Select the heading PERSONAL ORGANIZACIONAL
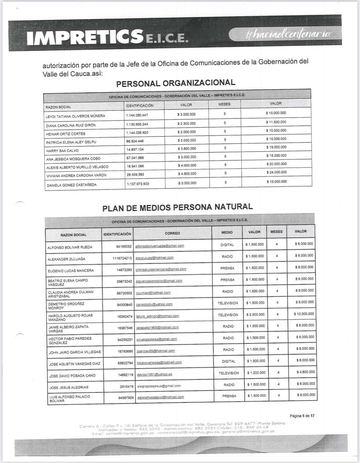click(176, 83)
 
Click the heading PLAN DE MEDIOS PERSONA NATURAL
click(177, 208)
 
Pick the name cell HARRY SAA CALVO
click(60, 150)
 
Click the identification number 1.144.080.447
click(137, 115)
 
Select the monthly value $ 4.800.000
click(187, 174)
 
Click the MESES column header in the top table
click(224, 104)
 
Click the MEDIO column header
click(227, 232)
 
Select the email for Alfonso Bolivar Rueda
click(159, 246)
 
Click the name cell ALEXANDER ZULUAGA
click(66, 259)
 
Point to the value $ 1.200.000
click(255, 373)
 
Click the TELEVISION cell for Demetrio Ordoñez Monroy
click(228, 302)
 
